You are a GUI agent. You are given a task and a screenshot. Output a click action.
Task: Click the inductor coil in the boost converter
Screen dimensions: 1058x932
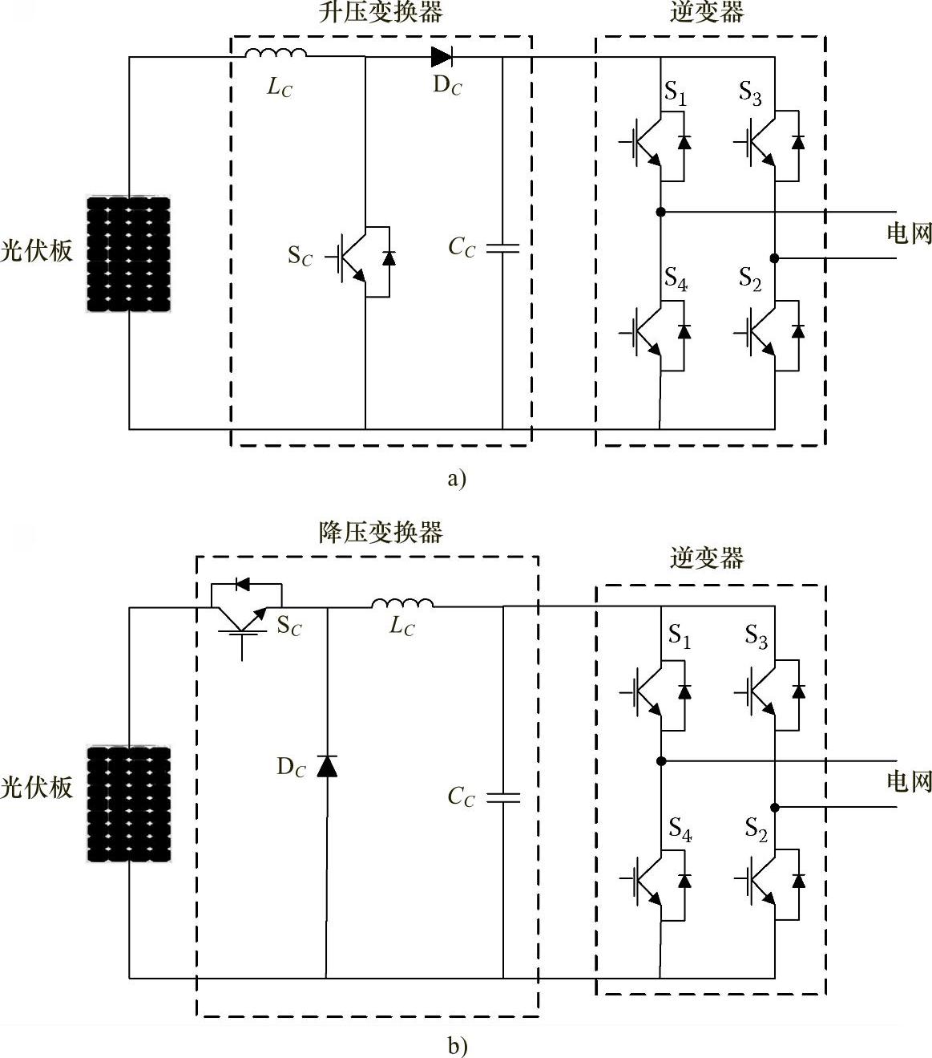click(275, 55)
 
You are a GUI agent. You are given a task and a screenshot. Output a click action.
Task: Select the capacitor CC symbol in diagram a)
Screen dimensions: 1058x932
click(502, 249)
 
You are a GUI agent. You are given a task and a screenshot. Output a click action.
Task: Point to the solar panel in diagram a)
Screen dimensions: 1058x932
click(129, 253)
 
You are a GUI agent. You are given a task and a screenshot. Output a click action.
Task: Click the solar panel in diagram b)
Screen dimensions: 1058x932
click(129, 804)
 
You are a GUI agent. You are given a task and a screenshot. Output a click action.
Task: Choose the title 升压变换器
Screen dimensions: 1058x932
click(381, 13)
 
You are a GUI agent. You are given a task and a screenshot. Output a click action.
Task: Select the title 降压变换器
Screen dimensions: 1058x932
click(381, 533)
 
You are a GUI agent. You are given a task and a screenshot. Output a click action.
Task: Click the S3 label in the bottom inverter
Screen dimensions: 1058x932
click(756, 637)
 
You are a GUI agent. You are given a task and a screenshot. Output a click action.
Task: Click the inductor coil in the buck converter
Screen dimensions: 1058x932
click(402, 603)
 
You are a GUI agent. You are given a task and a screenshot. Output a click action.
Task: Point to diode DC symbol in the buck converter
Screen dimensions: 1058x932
click(327, 766)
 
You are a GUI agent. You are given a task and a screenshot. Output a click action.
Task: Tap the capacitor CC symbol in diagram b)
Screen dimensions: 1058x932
click(503, 798)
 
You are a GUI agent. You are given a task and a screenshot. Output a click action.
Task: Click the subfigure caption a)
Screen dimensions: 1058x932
click(456, 479)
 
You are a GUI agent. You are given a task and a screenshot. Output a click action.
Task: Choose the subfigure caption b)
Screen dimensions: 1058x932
click(457, 1046)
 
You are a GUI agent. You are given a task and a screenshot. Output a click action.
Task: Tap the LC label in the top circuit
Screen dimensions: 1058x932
click(280, 87)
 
